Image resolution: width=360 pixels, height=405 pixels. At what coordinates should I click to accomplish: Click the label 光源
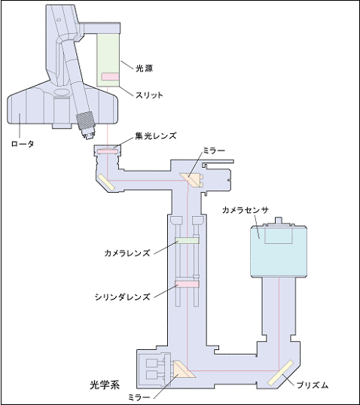pyautogui.click(x=145, y=69)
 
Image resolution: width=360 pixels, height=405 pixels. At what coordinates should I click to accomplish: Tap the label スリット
pyautogui.click(x=149, y=95)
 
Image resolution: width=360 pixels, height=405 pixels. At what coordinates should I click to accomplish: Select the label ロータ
pyautogui.click(x=23, y=144)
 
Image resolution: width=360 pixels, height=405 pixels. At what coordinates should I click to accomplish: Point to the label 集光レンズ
pyautogui.click(x=156, y=136)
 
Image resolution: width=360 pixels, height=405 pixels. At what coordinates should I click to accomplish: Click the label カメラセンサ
pyautogui.click(x=246, y=210)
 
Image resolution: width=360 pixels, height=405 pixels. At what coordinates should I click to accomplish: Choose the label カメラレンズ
pyautogui.click(x=127, y=253)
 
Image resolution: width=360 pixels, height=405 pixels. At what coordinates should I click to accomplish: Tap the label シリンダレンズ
pyautogui.click(x=123, y=297)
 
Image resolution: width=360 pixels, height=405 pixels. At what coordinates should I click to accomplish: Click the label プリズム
pyautogui.click(x=313, y=385)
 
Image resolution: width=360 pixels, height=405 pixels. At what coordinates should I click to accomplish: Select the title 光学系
pyautogui.click(x=105, y=385)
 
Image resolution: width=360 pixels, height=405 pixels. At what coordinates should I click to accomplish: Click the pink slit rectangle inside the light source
pyautogui.click(x=111, y=77)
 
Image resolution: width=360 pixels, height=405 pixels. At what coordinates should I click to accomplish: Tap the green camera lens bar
pyautogui.click(x=187, y=240)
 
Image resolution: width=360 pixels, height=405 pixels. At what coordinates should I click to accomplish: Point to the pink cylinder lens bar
pyautogui.click(x=187, y=284)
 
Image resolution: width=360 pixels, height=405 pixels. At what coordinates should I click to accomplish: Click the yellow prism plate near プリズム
pyautogui.click(x=280, y=373)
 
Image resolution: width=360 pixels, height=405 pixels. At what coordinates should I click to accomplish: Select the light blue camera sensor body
pyautogui.click(x=279, y=251)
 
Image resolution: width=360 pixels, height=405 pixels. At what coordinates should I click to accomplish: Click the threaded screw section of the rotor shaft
pyautogui.click(x=86, y=121)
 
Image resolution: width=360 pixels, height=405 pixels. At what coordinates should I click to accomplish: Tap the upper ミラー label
pyautogui.click(x=214, y=151)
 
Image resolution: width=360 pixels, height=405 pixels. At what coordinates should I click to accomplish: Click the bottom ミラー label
pyautogui.click(x=139, y=397)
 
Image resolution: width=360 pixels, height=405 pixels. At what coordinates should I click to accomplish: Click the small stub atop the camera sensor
pyautogui.click(x=278, y=221)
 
